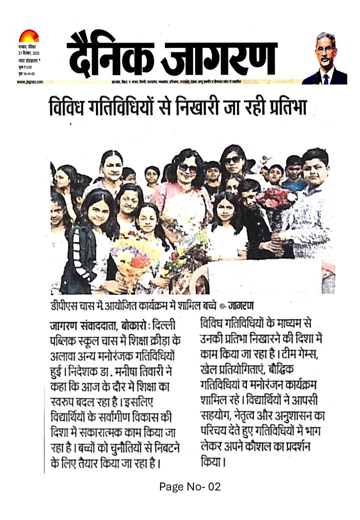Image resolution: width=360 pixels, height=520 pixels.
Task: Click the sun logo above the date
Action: [28, 36]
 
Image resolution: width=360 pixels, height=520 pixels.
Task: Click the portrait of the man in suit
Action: [325, 58]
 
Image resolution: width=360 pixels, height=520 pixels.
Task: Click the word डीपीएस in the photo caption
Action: [64, 305]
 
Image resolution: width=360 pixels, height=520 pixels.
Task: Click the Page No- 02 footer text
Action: [190, 486]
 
